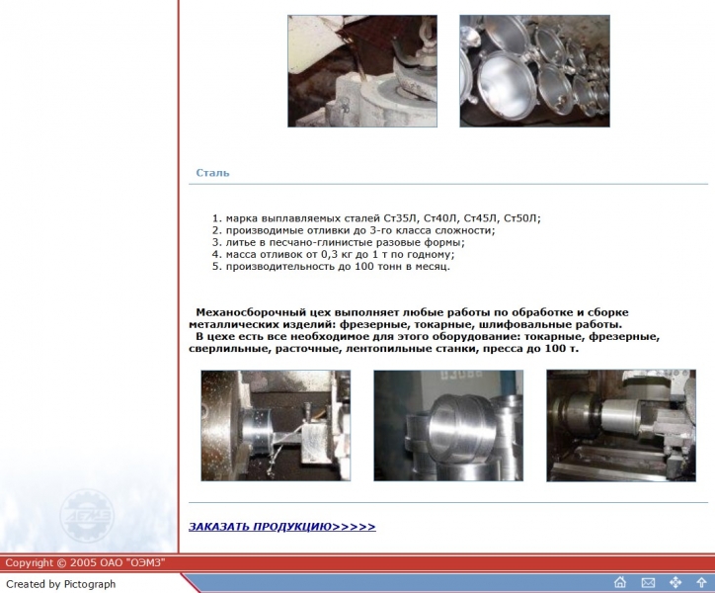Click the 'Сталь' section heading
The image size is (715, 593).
(x=212, y=173)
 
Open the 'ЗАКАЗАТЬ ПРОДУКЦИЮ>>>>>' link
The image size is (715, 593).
(x=282, y=527)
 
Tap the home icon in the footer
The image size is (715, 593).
(x=620, y=582)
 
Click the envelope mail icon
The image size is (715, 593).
(x=648, y=583)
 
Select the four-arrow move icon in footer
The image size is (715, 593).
(x=675, y=582)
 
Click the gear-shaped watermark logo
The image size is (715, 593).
(x=87, y=516)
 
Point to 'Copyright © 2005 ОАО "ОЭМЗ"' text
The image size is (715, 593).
(x=85, y=563)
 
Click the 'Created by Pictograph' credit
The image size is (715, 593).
(x=60, y=584)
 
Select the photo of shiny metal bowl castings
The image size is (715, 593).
(x=534, y=71)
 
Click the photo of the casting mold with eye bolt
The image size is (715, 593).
(x=362, y=71)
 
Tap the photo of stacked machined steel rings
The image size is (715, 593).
(x=448, y=425)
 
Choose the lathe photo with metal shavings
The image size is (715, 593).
(x=276, y=425)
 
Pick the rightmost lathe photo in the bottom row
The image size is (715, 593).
(x=621, y=425)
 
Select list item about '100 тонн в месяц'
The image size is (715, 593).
(x=331, y=267)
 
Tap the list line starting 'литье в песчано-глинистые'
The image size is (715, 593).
(x=339, y=242)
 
